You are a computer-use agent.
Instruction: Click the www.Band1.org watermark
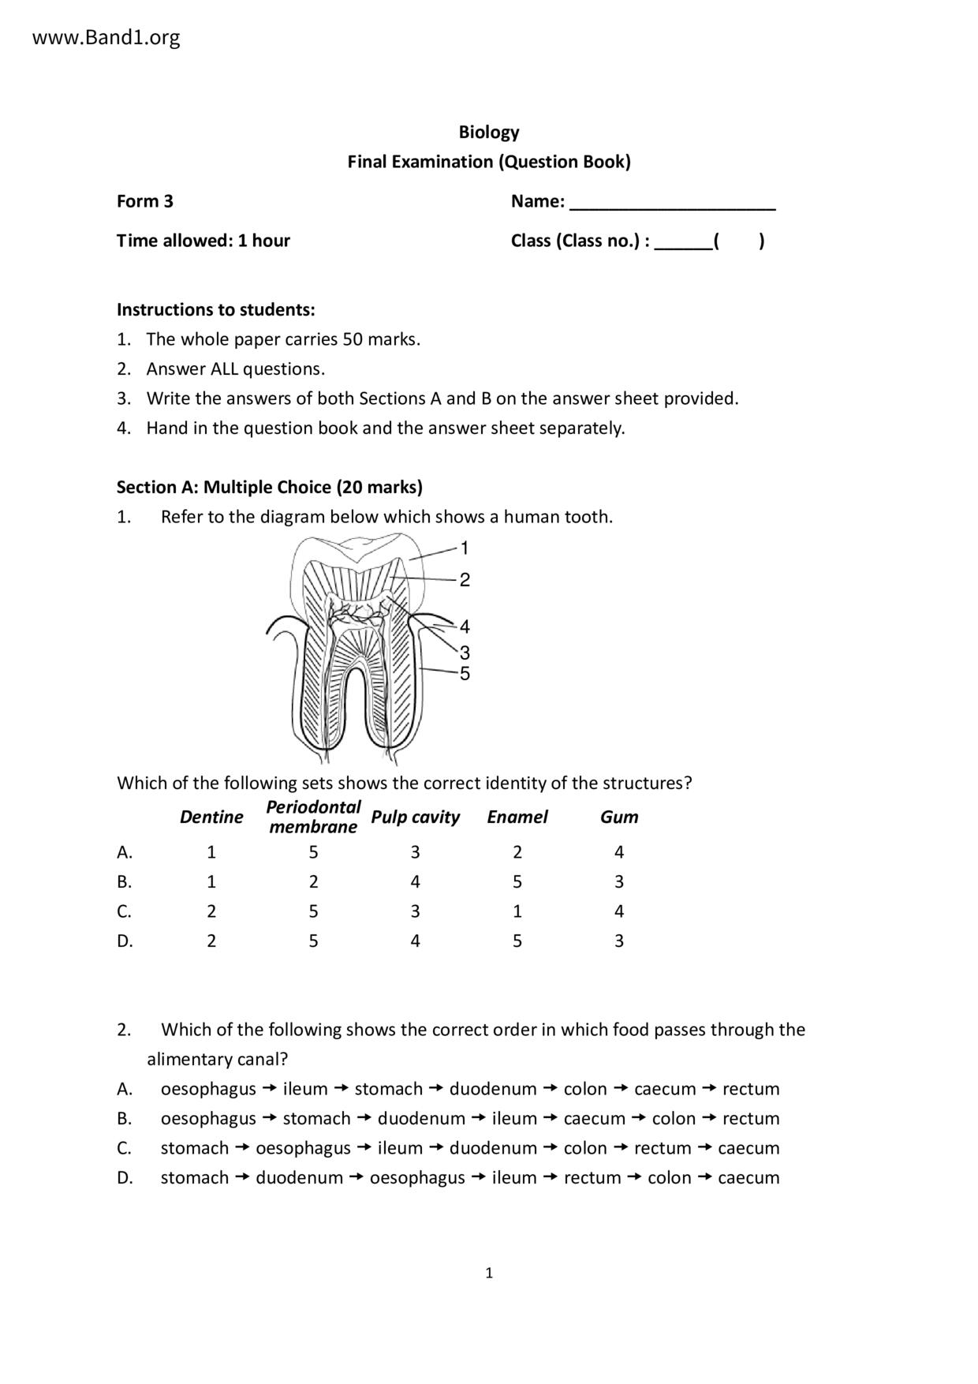(x=106, y=37)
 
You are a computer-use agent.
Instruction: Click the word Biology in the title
(x=489, y=132)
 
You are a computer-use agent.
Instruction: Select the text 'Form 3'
(x=145, y=201)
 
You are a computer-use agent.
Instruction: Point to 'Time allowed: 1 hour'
(x=203, y=241)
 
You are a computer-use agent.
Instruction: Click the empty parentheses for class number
(x=738, y=241)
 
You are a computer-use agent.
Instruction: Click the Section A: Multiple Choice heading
(x=270, y=487)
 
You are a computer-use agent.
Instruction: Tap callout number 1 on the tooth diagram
(x=465, y=548)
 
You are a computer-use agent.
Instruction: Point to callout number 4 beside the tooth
(x=465, y=627)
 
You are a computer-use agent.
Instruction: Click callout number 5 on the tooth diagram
(x=465, y=673)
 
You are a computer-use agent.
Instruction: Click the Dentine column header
(x=211, y=817)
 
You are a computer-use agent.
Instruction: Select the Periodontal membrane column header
(x=313, y=817)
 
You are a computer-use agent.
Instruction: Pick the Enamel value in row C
(x=517, y=911)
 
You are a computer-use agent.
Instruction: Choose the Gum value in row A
(x=619, y=852)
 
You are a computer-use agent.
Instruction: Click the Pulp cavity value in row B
(x=415, y=881)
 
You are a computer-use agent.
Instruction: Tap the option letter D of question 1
(x=125, y=941)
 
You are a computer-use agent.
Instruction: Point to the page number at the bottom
(x=489, y=1272)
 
